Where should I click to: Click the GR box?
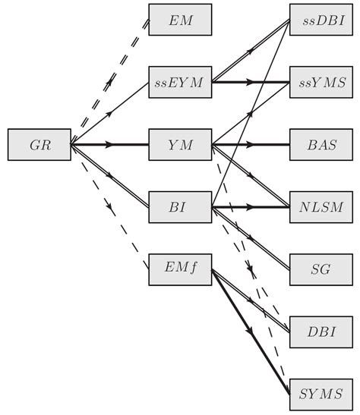(x=39, y=143)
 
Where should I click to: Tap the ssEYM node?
(x=179, y=81)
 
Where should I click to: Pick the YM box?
(x=179, y=143)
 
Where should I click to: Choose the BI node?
(x=179, y=206)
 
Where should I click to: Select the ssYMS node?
(x=320, y=81)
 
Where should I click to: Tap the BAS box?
(x=320, y=143)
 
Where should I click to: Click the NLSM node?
(x=320, y=206)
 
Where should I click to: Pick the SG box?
(x=320, y=268)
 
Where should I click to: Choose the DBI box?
(x=320, y=330)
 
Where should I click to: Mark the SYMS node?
(x=320, y=392)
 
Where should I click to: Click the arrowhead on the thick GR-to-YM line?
(x=117, y=143)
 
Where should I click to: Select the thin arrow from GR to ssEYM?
(x=110, y=112)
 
